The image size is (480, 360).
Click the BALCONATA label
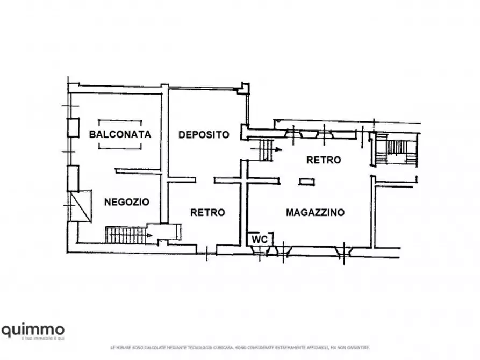click(119, 134)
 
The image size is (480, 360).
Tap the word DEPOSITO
click(204, 134)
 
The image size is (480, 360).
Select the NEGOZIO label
click(126, 202)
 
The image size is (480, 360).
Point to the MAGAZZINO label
click(315, 212)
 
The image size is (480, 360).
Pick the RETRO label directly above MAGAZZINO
click(324, 160)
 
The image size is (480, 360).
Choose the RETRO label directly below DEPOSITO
click(207, 212)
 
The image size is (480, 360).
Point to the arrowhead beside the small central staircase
click(277, 149)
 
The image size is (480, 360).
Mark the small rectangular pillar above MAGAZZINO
click(307, 181)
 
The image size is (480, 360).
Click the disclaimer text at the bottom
click(240, 347)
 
